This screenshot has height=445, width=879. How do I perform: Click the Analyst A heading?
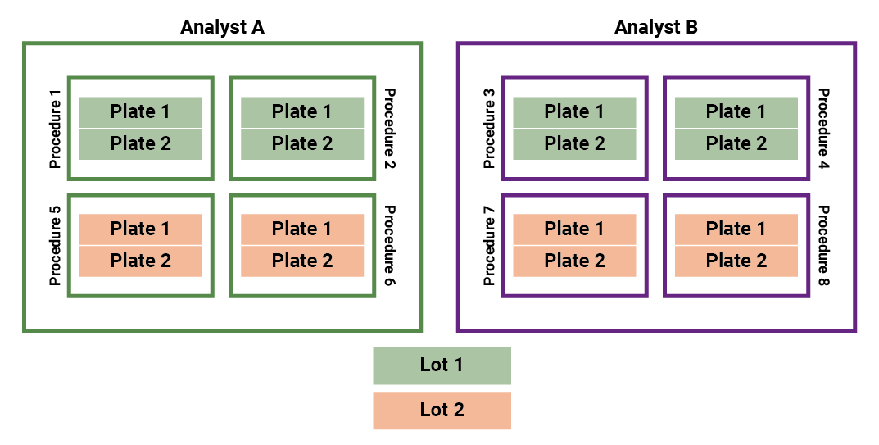(x=222, y=27)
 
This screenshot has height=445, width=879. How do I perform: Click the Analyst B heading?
(x=655, y=27)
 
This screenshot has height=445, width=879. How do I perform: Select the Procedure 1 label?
(x=56, y=129)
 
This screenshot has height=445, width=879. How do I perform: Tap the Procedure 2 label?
(x=389, y=129)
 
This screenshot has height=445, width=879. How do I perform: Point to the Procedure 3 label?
(x=490, y=129)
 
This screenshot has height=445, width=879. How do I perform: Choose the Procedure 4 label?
(x=823, y=129)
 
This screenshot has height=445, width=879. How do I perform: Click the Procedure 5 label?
(x=56, y=245)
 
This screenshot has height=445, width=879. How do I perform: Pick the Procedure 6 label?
(x=389, y=245)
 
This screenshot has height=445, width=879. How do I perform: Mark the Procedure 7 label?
(x=490, y=245)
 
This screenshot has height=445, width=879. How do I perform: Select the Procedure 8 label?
(x=823, y=245)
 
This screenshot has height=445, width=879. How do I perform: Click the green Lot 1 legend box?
(x=442, y=366)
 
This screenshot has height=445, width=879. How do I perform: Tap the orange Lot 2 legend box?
(x=442, y=410)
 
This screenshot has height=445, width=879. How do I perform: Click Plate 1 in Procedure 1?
(x=140, y=112)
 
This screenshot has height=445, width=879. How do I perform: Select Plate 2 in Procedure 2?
(x=302, y=144)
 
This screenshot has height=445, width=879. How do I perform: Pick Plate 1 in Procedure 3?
(x=574, y=112)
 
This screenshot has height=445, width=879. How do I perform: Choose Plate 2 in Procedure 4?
(x=736, y=144)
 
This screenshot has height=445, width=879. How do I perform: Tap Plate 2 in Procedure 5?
(x=140, y=261)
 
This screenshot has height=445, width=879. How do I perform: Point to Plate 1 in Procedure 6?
(x=302, y=229)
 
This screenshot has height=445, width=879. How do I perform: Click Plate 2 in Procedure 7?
(x=574, y=261)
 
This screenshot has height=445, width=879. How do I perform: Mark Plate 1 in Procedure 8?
(x=736, y=229)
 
